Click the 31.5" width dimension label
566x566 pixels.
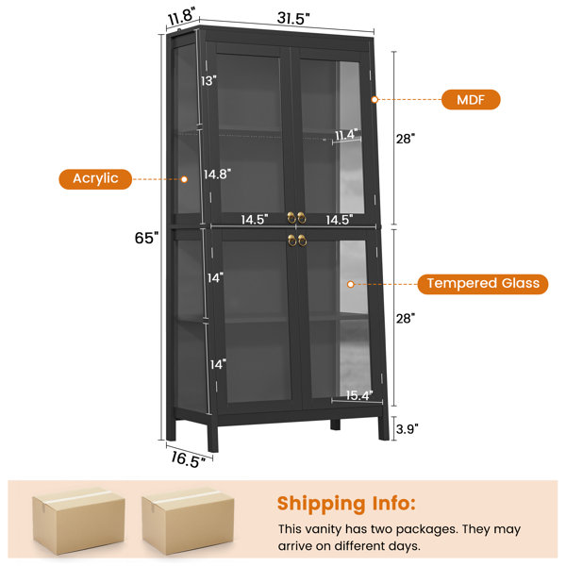[x=293, y=18]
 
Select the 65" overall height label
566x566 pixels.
[x=146, y=238]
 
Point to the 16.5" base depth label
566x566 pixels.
[x=188, y=459]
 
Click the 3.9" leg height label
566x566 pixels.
[x=408, y=429]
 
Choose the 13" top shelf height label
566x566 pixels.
[x=208, y=81]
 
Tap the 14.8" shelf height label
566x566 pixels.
[x=217, y=175]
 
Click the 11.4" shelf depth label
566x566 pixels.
[x=346, y=135]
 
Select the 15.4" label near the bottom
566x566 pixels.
[x=359, y=395]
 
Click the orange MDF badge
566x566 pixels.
[x=471, y=100]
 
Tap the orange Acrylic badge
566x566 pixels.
[x=95, y=179]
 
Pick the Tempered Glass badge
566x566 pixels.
[x=483, y=284]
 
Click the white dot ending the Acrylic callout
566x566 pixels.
[x=184, y=179]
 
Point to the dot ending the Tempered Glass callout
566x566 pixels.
[x=350, y=285]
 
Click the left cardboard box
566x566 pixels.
[x=78, y=520]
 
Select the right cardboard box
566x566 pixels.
[x=188, y=520]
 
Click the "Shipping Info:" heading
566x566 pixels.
[x=346, y=503]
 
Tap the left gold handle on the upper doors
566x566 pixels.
[x=291, y=218]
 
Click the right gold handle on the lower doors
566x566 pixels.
[x=302, y=241]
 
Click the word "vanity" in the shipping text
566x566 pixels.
[x=323, y=529]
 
